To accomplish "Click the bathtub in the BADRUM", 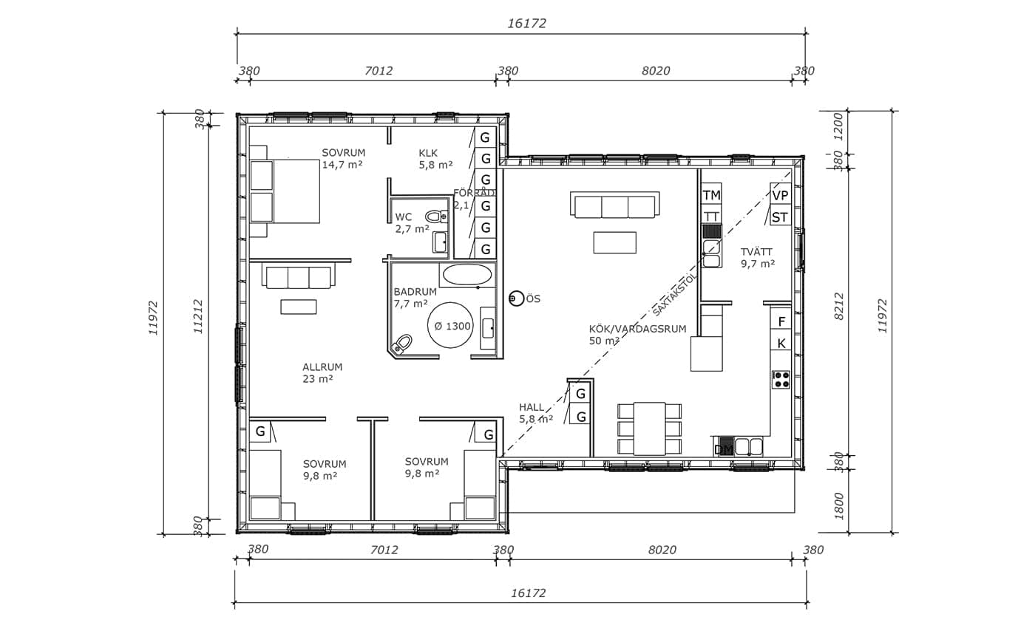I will click(467, 275).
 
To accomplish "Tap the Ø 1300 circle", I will click(449, 325).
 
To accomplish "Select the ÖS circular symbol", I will click(516, 298).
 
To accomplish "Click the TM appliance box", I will click(711, 195).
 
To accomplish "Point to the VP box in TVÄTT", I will click(780, 195).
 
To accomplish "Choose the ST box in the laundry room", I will click(780, 217).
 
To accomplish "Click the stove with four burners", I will click(781, 380).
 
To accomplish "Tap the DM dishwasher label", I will click(724, 448).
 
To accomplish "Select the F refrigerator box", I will click(781, 321).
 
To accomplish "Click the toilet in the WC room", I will click(435, 216).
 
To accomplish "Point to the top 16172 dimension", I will click(526, 24).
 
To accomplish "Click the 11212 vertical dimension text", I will click(198, 316).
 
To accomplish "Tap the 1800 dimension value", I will click(838, 506).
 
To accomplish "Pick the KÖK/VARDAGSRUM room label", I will click(637, 329).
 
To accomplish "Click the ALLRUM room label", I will click(322, 367).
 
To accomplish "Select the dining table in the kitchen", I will click(649, 428).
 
